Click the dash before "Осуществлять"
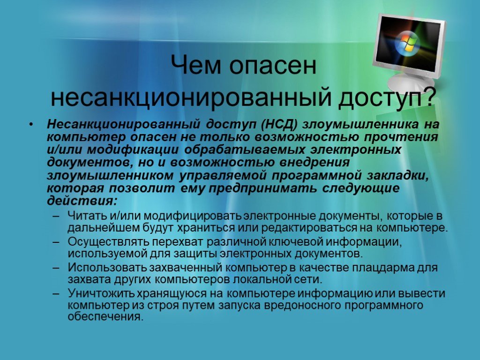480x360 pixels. click(x=56, y=242)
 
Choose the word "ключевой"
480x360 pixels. click(x=300, y=242)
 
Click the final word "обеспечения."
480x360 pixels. click(x=105, y=317)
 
